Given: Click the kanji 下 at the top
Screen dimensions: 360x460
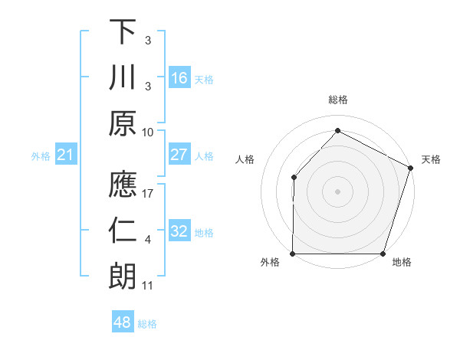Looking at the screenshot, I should (123, 32).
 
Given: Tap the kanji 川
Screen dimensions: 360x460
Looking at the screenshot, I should (123, 77).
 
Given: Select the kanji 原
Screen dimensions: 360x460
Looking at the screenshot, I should (123, 123).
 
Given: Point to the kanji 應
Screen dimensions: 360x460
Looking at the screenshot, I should (123, 185).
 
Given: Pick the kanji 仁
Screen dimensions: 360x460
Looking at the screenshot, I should (123, 231).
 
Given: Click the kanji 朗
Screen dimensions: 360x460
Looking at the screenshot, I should (123, 277).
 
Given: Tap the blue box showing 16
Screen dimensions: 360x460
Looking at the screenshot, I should (179, 77).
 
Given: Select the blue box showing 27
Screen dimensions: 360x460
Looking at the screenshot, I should (179, 155).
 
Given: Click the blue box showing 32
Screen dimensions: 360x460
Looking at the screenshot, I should (179, 231).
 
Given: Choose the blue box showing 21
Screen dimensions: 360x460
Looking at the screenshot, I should (65, 155).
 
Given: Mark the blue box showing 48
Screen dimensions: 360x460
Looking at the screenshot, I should (122, 322).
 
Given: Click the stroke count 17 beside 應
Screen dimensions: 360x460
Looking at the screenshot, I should (149, 193).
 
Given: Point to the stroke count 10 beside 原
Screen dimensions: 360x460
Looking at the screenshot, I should (148, 131).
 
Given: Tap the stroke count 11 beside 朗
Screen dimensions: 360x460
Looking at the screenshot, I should (148, 286).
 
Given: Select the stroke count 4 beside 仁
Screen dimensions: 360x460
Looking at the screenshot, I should (148, 240).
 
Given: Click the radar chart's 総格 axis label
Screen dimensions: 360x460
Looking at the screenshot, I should (337, 100).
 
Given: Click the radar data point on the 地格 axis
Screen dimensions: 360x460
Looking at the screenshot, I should (383, 254).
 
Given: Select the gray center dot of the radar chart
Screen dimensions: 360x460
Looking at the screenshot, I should (337, 191).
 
